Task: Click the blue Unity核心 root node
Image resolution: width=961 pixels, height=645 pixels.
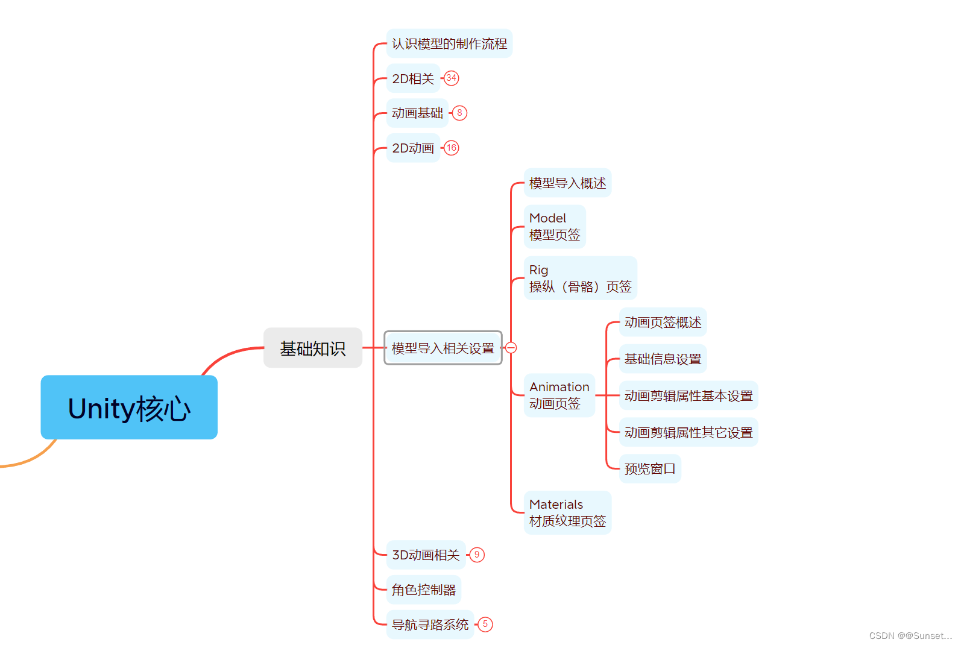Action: [x=129, y=407]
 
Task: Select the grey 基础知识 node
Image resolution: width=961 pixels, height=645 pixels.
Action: [x=312, y=348]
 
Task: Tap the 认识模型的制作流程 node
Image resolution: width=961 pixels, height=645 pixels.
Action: [x=449, y=43]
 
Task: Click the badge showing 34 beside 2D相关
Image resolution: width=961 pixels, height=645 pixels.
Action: [x=452, y=78]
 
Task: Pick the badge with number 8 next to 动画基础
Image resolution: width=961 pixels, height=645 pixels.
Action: [x=459, y=113]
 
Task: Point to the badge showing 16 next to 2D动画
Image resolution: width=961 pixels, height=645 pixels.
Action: [x=452, y=148]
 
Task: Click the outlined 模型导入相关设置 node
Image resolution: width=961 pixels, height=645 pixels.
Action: [x=443, y=348]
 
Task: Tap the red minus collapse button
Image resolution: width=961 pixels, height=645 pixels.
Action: [x=511, y=348]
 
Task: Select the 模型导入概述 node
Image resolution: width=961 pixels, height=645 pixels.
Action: [x=567, y=183]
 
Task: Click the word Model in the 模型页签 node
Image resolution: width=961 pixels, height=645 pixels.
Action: [x=547, y=218]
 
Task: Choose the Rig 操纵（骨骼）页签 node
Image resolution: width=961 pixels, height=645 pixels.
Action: [x=580, y=278]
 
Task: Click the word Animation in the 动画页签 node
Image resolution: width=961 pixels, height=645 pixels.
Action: [x=559, y=387]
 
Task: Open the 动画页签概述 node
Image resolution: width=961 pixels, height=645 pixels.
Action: [x=663, y=322]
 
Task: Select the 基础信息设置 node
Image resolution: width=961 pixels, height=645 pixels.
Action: [x=663, y=359]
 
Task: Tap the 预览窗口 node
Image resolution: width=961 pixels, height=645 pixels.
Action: [x=650, y=468]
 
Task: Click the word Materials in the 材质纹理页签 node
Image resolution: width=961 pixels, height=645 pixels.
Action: [x=556, y=505]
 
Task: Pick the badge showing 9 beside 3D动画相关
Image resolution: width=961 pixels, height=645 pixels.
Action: [x=477, y=555]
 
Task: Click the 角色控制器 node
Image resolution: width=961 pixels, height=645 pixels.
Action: [x=424, y=590]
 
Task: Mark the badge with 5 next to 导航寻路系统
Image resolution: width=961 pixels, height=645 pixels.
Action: [x=485, y=625]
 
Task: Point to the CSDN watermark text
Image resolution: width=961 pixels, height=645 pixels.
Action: [x=910, y=635]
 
